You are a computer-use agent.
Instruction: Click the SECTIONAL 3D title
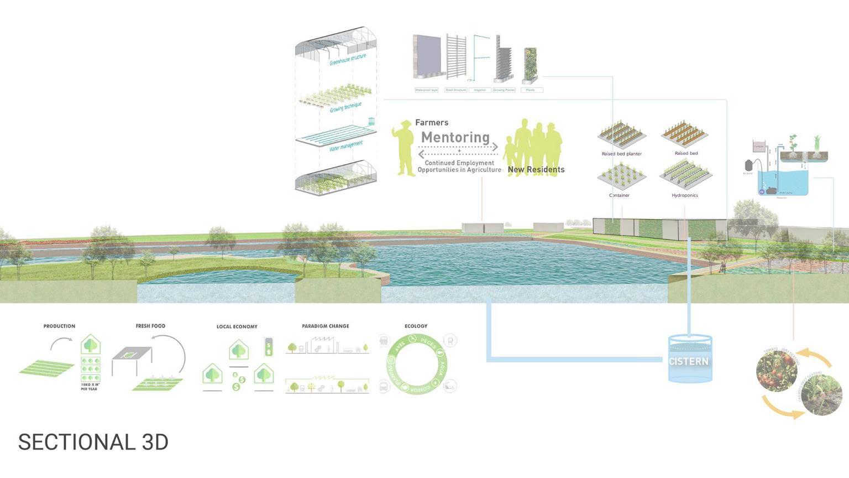pyautogui.click(x=93, y=442)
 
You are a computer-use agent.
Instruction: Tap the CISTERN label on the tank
pyautogui.click(x=688, y=361)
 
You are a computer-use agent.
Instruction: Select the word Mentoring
pyautogui.click(x=455, y=137)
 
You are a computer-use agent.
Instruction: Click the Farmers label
pyautogui.click(x=432, y=122)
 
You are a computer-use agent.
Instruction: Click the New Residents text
pyautogui.click(x=536, y=170)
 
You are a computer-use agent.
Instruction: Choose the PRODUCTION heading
pyautogui.click(x=59, y=326)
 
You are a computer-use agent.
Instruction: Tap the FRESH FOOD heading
pyautogui.click(x=150, y=326)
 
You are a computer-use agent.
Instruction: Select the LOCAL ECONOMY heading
pyautogui.click(x=237, y=326)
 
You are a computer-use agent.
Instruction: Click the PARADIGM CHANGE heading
pyautogui.click(x=326, y=326)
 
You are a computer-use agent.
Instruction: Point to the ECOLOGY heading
pyautogui.click(x=416, y=326)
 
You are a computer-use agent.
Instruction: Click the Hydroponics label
pyautogui.click(x=685, y=195)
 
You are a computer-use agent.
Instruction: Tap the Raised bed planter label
pyautogui.click(x=622, y=154)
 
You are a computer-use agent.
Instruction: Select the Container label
pyautogui.click(x=619, y=195)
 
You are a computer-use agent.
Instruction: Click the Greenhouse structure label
pyautogui.click(x=348, y=60)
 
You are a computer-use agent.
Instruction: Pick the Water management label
pyautogui.click(x=346, y=146)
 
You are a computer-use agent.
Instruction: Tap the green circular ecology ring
pyautogui.click(x=417, y=365)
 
